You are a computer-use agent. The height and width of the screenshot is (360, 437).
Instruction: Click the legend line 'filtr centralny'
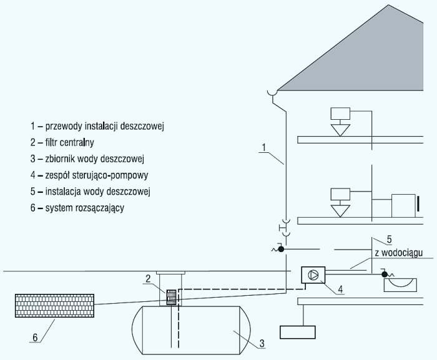pos(62,142)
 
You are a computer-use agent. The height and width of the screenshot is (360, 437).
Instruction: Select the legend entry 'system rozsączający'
pos(77,208)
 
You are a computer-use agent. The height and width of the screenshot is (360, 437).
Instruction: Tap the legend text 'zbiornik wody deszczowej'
pos(87,159)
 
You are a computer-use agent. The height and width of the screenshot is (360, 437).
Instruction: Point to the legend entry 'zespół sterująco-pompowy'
pos(89,175)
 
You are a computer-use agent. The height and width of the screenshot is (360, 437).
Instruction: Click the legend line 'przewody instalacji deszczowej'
pos(97,126)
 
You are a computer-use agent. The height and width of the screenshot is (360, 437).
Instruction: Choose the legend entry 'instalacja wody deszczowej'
pos(91,192)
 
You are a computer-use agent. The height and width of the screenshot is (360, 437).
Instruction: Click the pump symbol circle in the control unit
pos(313,275)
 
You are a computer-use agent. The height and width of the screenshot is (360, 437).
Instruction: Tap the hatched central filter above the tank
pos(171,298)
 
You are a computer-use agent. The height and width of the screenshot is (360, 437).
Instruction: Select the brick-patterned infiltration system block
pos(55,306)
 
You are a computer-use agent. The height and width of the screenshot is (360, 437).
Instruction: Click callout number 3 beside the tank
pos(262,343)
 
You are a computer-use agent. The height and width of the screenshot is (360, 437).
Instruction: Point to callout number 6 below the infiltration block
pos(35,338)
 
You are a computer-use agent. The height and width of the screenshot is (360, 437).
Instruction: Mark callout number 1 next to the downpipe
pos(264,147)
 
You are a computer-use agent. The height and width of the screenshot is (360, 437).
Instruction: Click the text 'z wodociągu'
pos(399,253)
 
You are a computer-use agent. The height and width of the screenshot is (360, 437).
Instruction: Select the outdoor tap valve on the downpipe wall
pos(281,249)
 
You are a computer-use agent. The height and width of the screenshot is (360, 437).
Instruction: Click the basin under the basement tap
pos(400,285)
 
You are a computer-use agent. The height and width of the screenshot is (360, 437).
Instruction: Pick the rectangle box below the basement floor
pos(298,332)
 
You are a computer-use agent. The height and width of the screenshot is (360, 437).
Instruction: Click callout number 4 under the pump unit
pos(340,289)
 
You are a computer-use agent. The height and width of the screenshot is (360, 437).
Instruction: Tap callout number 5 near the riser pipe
pos(389,239)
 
